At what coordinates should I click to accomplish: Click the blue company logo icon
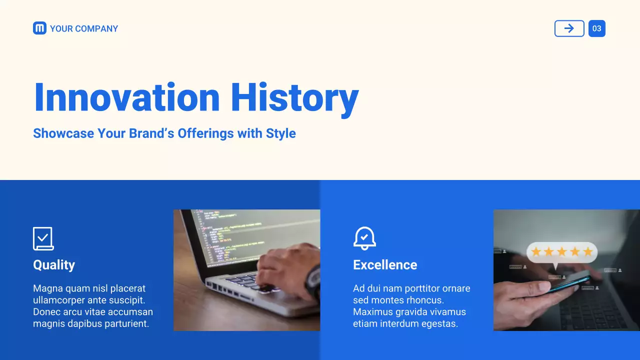(x=39, y=28)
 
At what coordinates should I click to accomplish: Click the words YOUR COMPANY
(x=84, y=28)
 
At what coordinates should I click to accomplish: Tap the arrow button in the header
(x=569, y=28)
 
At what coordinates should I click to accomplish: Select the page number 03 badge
(x=597, y=28)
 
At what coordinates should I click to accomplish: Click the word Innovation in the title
(x=127, y=97)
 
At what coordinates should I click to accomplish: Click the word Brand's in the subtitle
(x=151, y=133)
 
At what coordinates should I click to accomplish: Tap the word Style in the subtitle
(x=281, y=133)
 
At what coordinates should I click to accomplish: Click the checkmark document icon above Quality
(x=43, y=238)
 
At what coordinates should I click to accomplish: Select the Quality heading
(x=54, y=265)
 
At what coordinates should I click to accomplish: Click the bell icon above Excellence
(x=364, y=238)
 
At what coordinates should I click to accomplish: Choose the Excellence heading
(x=385, y=265)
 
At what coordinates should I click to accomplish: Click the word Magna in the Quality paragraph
(x=48, y=288)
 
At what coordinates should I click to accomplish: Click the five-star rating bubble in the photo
(x=562, y=252)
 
